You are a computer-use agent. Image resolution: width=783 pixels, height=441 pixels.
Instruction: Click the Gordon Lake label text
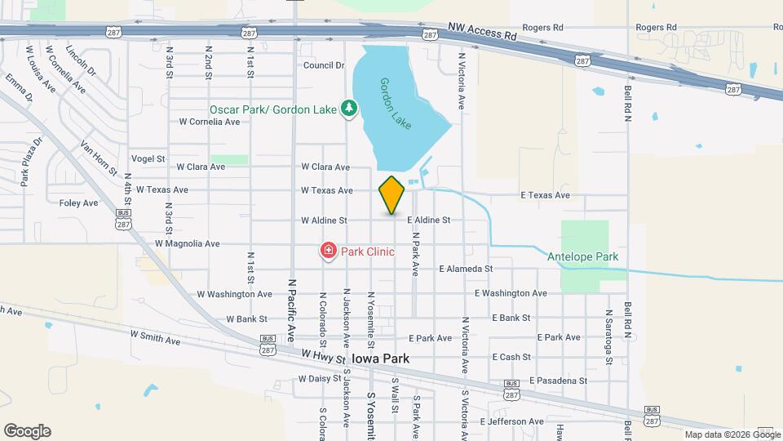coord(395,103)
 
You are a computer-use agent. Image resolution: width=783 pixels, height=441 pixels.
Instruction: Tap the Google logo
coord(27,430)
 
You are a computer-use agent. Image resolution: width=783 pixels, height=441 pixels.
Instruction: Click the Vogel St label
coord(148,159)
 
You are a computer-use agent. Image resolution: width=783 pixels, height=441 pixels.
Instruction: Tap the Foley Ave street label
coord(79,203)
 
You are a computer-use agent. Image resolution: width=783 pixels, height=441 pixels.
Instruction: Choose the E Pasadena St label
coord(558,381)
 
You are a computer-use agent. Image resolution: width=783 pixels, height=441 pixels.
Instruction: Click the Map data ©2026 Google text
coord(720,434)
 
